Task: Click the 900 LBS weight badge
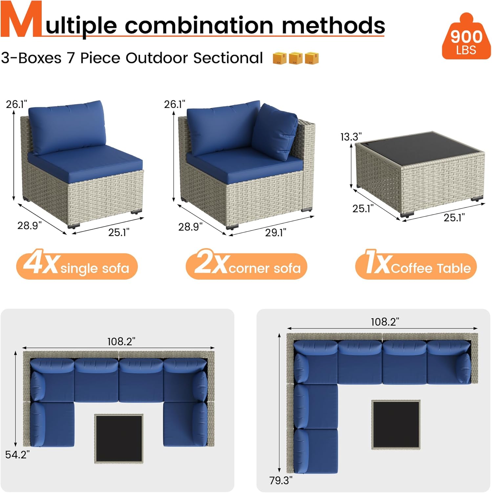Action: point(466,39)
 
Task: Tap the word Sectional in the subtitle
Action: point(228,58)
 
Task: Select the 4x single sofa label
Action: point(77,266)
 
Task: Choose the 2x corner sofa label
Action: point(246,266)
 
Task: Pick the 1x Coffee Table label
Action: point(416,266)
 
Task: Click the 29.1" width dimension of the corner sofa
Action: point(276,232)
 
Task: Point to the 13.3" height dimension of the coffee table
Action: point(351,137)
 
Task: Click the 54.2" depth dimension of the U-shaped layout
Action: point(17,455)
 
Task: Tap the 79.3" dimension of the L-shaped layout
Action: point(281,480)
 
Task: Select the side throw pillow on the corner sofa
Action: point(274,132)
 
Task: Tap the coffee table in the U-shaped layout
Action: point(119,438)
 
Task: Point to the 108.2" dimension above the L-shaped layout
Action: point(385,322)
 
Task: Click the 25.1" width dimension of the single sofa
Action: point(119,232)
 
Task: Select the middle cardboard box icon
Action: point(296,58)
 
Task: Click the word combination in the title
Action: point(199,26)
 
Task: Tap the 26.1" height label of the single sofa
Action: point(16,104)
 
